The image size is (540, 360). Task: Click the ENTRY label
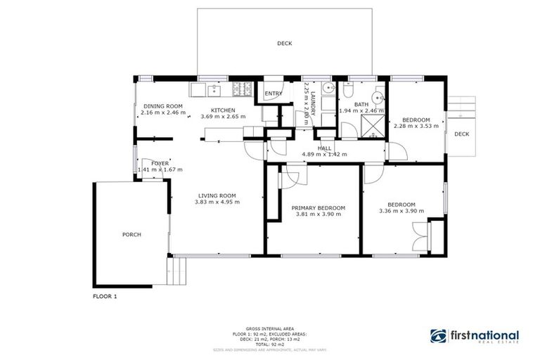[x=271, y=94]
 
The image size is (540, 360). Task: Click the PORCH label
[x=131, y=234]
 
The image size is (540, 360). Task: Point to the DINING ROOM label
[x=162, y=106]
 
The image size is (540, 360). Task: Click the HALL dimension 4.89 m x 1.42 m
[x=324, y=155]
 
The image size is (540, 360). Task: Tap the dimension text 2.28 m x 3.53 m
[x=416, y=127]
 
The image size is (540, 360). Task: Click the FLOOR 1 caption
[x=105, y=297]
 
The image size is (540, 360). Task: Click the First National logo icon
[x=437, y=337]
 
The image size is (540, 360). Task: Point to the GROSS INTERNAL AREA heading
[x=270, y=328]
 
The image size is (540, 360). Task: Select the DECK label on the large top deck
[x=284, y=43]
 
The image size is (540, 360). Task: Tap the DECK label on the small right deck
[x=461, y=134]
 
